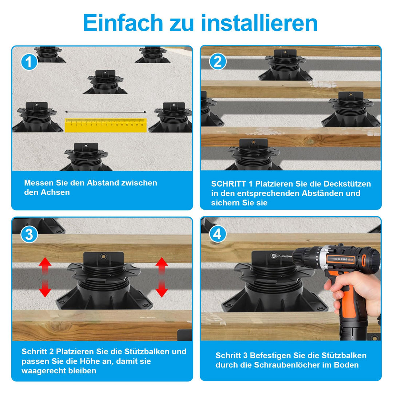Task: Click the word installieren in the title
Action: coord(259,23)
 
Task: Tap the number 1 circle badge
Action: coord(29,62)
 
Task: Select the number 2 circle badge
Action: coord(218,61)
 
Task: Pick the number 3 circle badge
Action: coord(29,235)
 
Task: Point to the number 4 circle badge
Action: coord(218,234)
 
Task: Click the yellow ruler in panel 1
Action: coord(106,125)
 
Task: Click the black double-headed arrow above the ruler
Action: coord(106,112)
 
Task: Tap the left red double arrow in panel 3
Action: coord(45,277)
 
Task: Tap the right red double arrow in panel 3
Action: coord(162,277)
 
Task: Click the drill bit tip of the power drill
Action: coord(273,256)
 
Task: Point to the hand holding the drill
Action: coord(356,291)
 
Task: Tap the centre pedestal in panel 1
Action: coord(105,82)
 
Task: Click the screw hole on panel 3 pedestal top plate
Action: coord(103,257)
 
